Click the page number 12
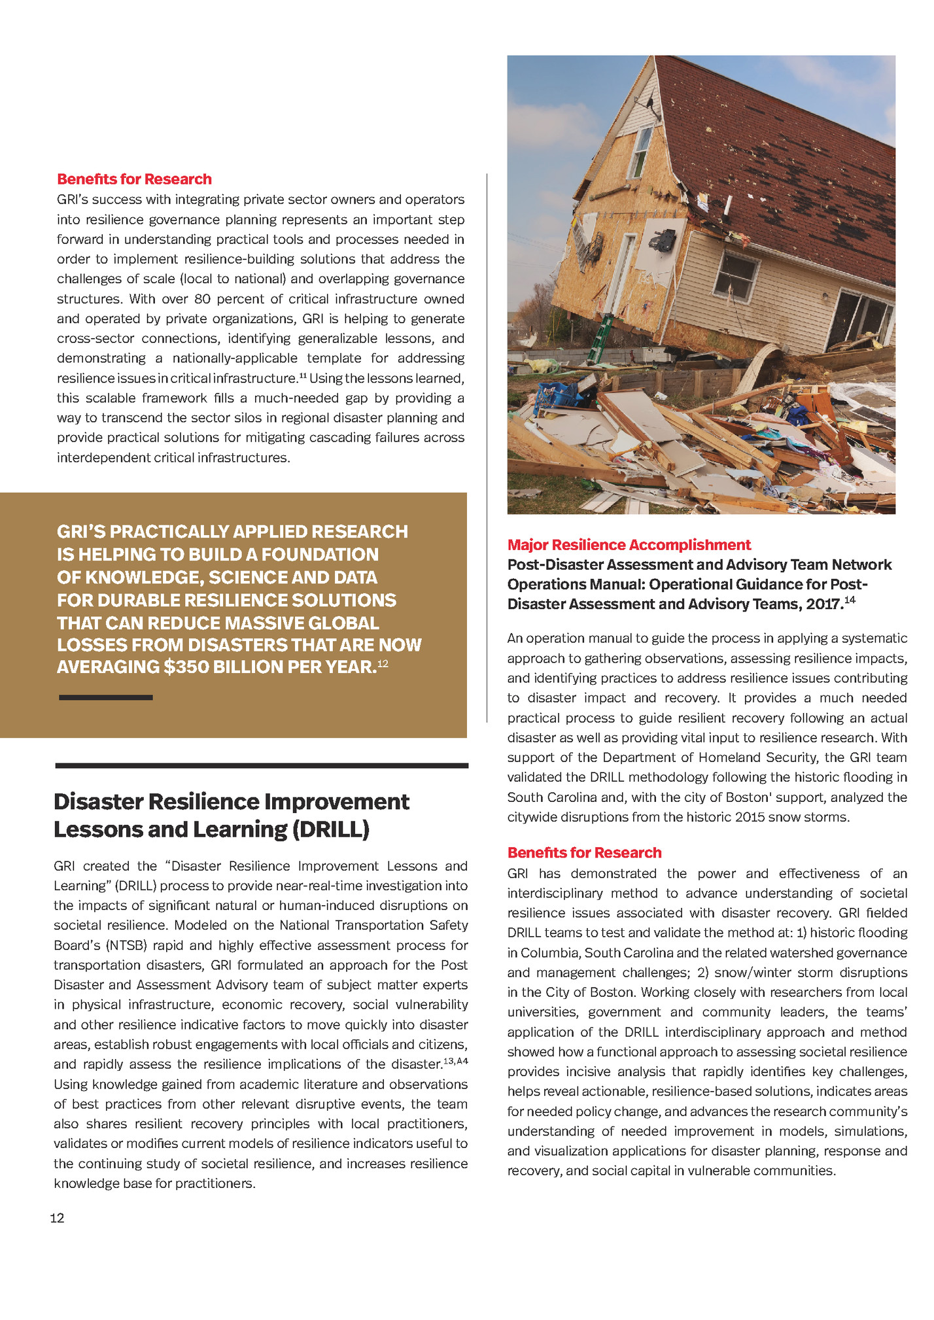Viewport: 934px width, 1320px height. (57, 1217)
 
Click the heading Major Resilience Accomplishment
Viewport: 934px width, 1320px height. (629, 545)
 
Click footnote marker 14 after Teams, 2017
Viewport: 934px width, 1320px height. (849, 600)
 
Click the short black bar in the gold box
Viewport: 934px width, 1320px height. (105, 697)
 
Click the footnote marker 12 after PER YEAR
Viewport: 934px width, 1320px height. (383, 663)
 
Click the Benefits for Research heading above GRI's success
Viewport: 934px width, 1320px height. (134, 179)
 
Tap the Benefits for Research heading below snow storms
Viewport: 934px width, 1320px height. (584, 852)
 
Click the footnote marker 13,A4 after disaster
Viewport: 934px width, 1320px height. (455, 1061)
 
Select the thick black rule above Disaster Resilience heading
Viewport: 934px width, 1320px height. (262, 765)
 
